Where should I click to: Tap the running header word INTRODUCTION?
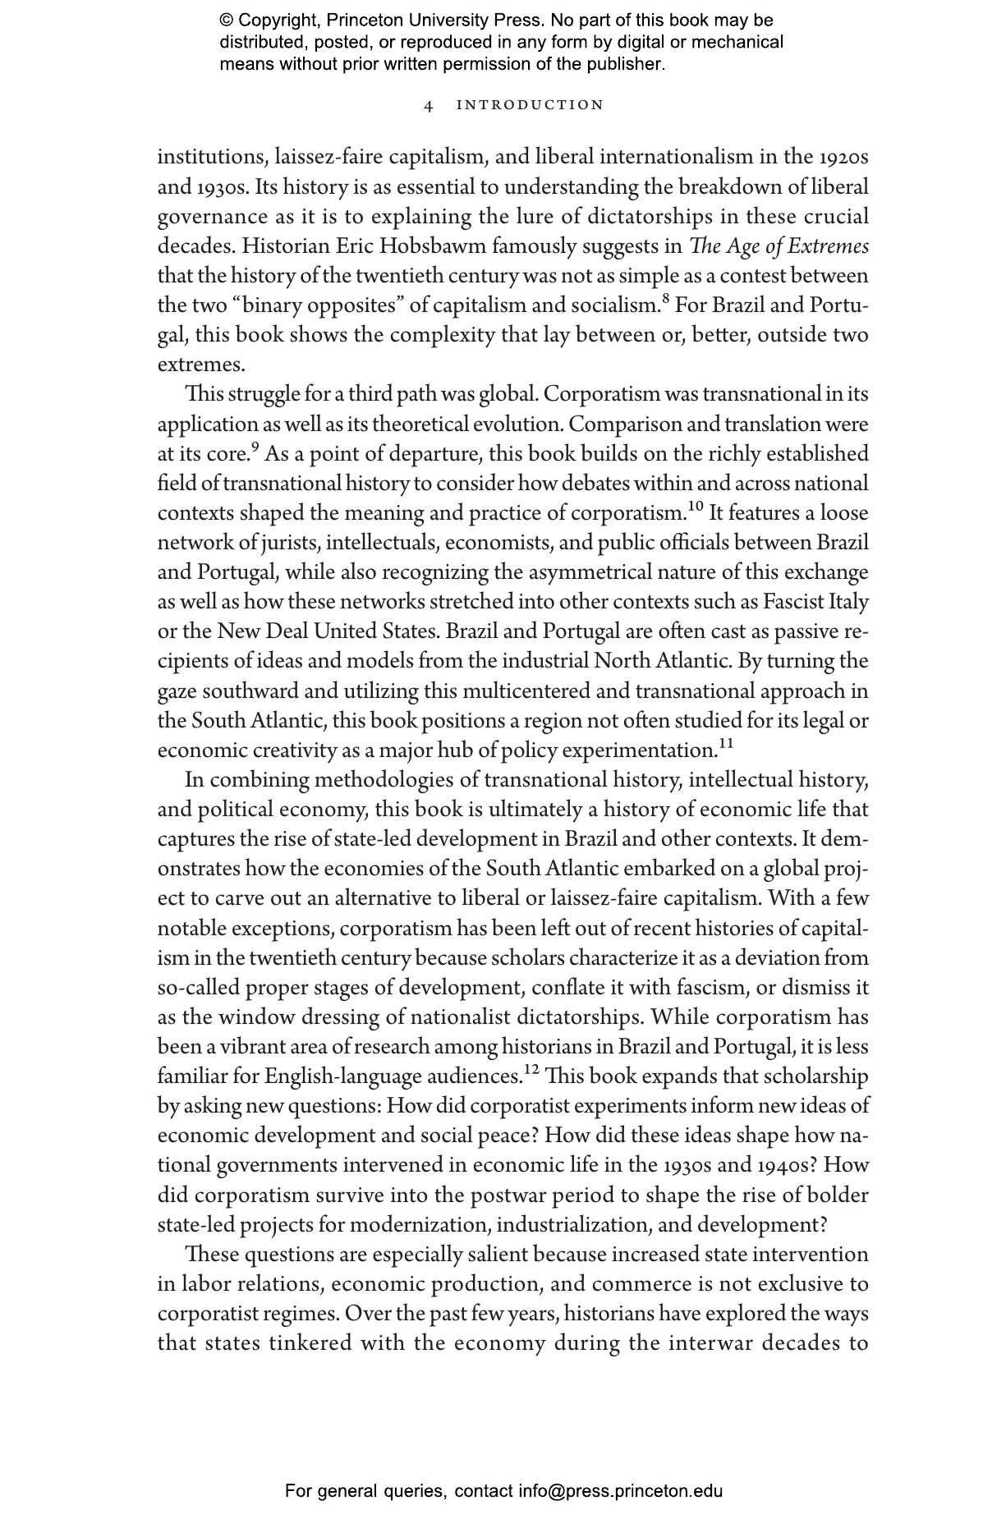pyautogui.click(x=530, y=105)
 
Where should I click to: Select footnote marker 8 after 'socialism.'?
pyautogui.click(x=664, y=299)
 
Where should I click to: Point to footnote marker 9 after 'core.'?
pyautogui.click(x=255, y=447)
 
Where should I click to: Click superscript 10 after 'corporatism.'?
pyautogui.click(x=695, y=507)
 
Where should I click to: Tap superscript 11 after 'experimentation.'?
pyautogui.click(x=726, y=744)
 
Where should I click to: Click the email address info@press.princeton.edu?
pyautogui.click(x=620, y=1491)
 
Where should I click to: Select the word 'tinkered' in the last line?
pyautogui.click(x=309, y=1343)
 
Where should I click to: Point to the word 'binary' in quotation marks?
pyautogui.click(x=274, y=305)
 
